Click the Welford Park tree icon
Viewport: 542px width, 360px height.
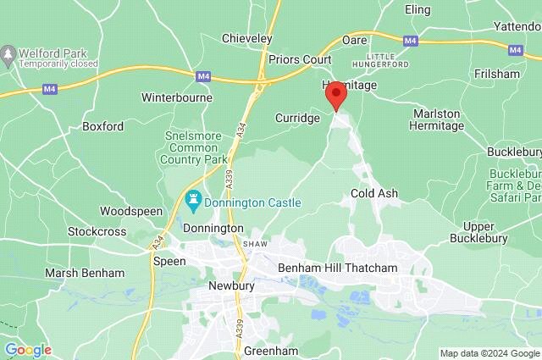pos(9,55)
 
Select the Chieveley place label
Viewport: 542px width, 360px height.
pos(246,38)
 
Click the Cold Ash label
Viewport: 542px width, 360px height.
pos(373,194)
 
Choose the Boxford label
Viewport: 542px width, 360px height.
pos(102,126)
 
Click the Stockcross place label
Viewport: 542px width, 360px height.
pos(97,230)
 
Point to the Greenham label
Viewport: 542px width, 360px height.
pos(268,350)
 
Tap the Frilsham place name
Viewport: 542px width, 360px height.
pos(498,74)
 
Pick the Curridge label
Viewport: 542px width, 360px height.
pos(297,118)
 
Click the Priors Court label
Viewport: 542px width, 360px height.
pos(299,60)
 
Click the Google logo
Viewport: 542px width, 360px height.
pos(27,349)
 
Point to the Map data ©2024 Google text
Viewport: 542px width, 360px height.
pos(489,353)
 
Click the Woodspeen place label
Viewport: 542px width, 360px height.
pos(126,211)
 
